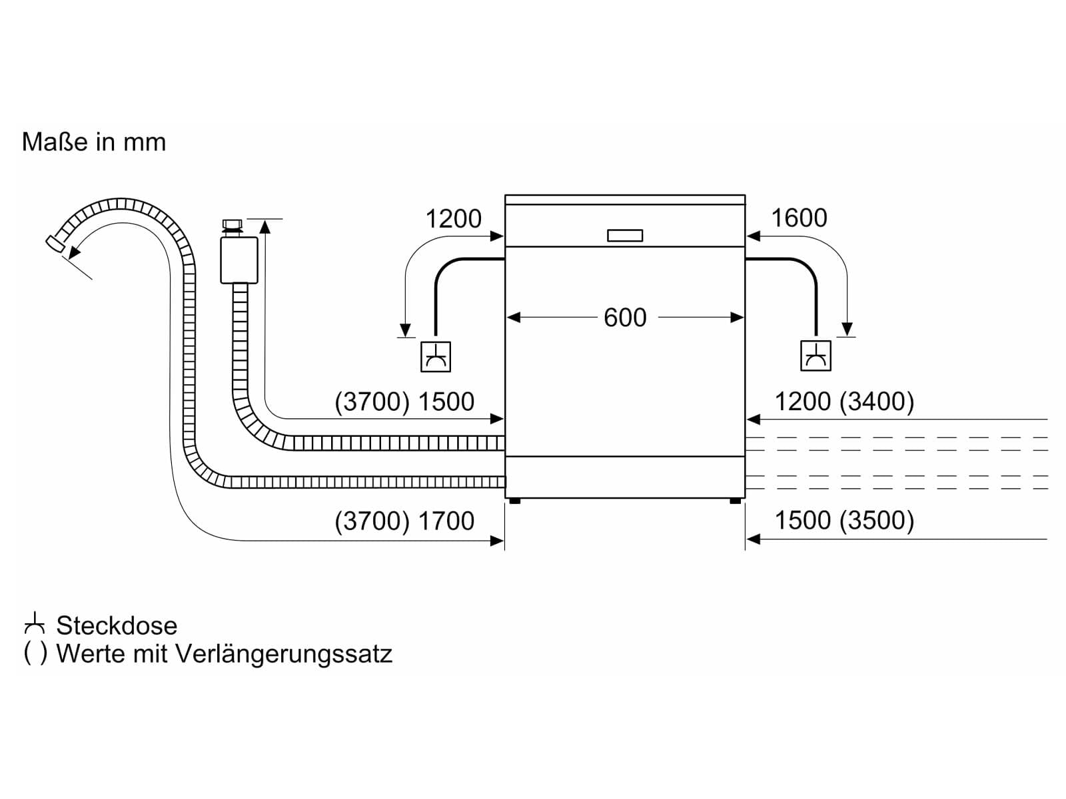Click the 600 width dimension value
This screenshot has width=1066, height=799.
click(x=624, y=318)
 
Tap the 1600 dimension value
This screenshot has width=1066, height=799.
click(x=799, y=218)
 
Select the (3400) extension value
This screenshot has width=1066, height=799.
click(x=877, y=401)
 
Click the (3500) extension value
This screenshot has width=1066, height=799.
click(x=877, y=520)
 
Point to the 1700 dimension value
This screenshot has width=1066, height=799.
click(x=446, y=521)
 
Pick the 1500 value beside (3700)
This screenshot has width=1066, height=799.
click(x=446, y=401)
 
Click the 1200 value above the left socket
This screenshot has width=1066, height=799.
click(x=453, y=218)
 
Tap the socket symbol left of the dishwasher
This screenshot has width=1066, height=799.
click(x=435, y=357)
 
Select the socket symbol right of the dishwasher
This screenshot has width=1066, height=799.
click(x=815, y=356)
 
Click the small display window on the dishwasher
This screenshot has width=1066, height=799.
click(x=624, y=235)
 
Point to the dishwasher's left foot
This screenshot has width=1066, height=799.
click(x=515, y=501)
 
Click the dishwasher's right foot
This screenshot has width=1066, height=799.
click(x=736, y=501)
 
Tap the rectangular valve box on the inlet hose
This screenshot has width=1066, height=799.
click(x=239, y=260)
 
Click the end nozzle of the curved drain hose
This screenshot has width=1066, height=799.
click(x=55, y=244)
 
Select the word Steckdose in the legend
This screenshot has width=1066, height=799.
click(x=117, y=625)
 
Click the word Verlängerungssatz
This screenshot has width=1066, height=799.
click(x=283, y=654)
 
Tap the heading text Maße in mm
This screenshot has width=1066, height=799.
click(x=94, y=142)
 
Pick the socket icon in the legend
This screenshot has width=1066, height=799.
click(x=35, y=625)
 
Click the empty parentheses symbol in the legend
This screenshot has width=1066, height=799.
click(x=35, y=653)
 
